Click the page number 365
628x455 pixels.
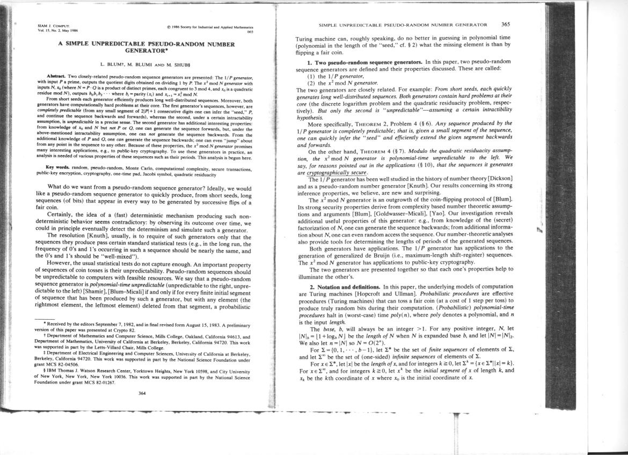(x=506, y=24)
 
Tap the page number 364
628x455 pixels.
(x=142, y=393)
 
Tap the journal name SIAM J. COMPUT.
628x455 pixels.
(x=49, y=25)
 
